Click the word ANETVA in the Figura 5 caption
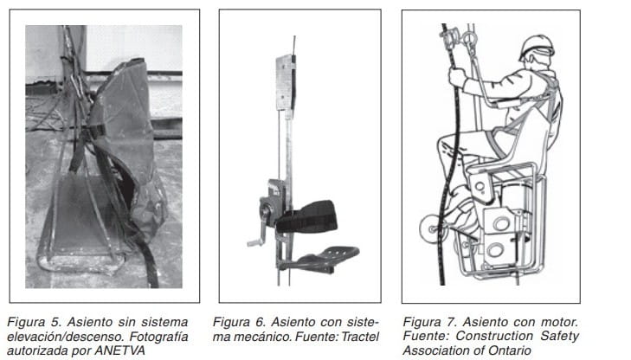click(x=119, y=350)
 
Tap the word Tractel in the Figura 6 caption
click(x=360, y=337)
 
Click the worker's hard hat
click(x=537, y=46)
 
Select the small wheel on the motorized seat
click(x=431, y=229)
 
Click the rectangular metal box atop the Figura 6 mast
click(x=286, y=82)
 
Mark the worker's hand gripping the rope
click(x=457, y=76)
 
